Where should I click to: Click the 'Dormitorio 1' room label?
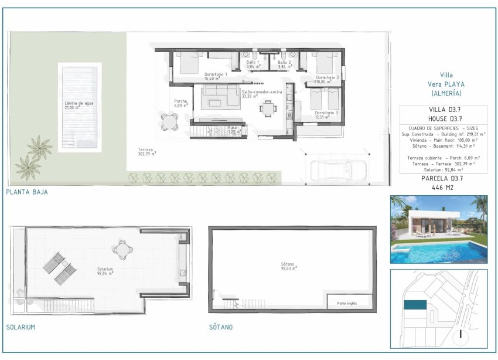(215, 74)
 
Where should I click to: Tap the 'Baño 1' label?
(253, 62)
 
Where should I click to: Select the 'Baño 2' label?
(284, 62)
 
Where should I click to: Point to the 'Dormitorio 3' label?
(326, 113)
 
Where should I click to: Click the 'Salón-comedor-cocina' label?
(261, 91)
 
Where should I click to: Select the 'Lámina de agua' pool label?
(79, 103)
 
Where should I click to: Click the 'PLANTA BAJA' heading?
(27, 192)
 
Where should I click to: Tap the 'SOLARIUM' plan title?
(21, 327)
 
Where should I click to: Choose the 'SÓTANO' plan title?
(220, 327)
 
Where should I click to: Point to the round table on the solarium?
(123, 250)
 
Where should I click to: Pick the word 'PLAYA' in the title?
(453, 84)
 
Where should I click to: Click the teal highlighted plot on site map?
(415, 305)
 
